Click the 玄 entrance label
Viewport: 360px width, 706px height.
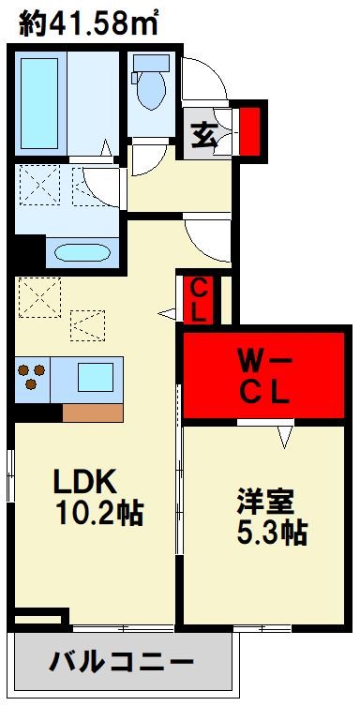point(205,136)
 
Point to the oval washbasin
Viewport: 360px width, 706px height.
point(82,253)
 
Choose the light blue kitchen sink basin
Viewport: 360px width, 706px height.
point(95,377)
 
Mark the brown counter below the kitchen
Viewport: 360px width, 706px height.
point(92,411)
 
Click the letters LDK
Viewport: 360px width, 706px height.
point(82,482)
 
